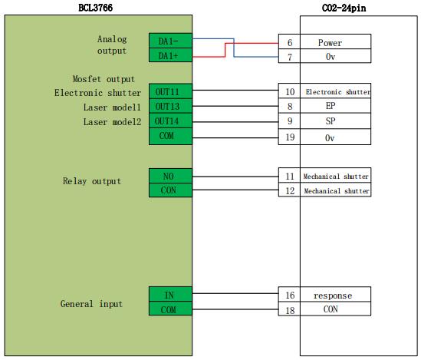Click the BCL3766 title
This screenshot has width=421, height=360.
point(95,8)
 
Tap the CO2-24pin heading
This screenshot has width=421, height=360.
point(344,8)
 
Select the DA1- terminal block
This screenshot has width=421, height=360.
point(170,41)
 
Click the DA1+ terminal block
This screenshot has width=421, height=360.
point(170,55)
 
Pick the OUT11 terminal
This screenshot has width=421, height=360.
point(170,91)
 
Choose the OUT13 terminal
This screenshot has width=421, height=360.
point(170,106)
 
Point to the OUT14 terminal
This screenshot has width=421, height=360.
point(170,121)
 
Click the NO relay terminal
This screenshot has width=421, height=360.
point(170,176)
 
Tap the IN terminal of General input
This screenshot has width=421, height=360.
point(170,294)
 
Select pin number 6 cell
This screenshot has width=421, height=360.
point(289,41)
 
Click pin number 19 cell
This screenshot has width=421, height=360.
point(289,137)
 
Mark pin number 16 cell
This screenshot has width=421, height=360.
point(289,295)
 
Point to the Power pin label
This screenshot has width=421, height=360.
point(330,43)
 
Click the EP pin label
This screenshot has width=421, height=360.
point(331,106)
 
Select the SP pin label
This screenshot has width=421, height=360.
point(331,121)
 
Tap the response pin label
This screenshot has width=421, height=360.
point(333,296)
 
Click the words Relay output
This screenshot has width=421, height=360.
point(92,181)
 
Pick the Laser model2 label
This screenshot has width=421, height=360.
point(112,122)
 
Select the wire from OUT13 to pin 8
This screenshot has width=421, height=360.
point(235,106)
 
